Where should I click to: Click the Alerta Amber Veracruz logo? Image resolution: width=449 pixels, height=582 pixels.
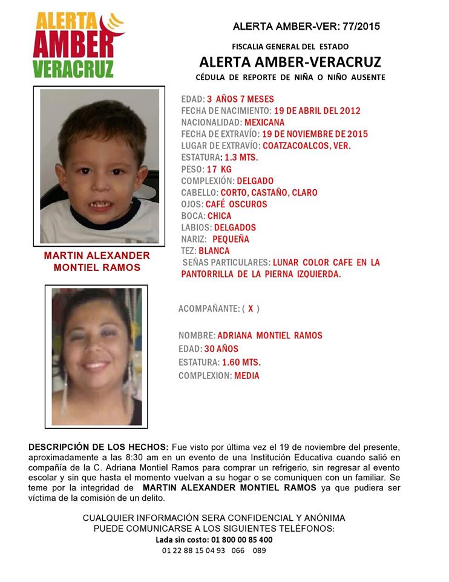(x=77, y=45)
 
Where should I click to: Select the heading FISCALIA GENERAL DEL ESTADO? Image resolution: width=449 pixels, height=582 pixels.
(x=290, y=47)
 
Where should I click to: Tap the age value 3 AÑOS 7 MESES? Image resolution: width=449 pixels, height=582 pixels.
(x=240, y=99)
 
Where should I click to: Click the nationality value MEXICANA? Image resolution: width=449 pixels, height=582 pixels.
(x=264, y=122)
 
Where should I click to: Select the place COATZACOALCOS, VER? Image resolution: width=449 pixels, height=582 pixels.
(x=307, y=145)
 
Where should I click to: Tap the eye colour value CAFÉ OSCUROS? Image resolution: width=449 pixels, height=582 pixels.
(x=236, y=204)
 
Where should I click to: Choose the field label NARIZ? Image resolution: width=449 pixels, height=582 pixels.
(x=194, y=239)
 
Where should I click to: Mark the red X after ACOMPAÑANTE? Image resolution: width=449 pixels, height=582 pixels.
(x=251, y=309)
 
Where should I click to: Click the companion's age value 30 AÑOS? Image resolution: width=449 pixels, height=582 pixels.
(x=221, y=349)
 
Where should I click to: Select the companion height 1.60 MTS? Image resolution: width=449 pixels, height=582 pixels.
(x=241, y=363)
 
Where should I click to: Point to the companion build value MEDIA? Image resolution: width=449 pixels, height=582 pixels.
(x=247, y=376)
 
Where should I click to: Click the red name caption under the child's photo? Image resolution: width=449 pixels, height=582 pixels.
(x=97, y=262)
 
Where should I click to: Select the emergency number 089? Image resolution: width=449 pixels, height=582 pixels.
(x=259, y=550)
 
